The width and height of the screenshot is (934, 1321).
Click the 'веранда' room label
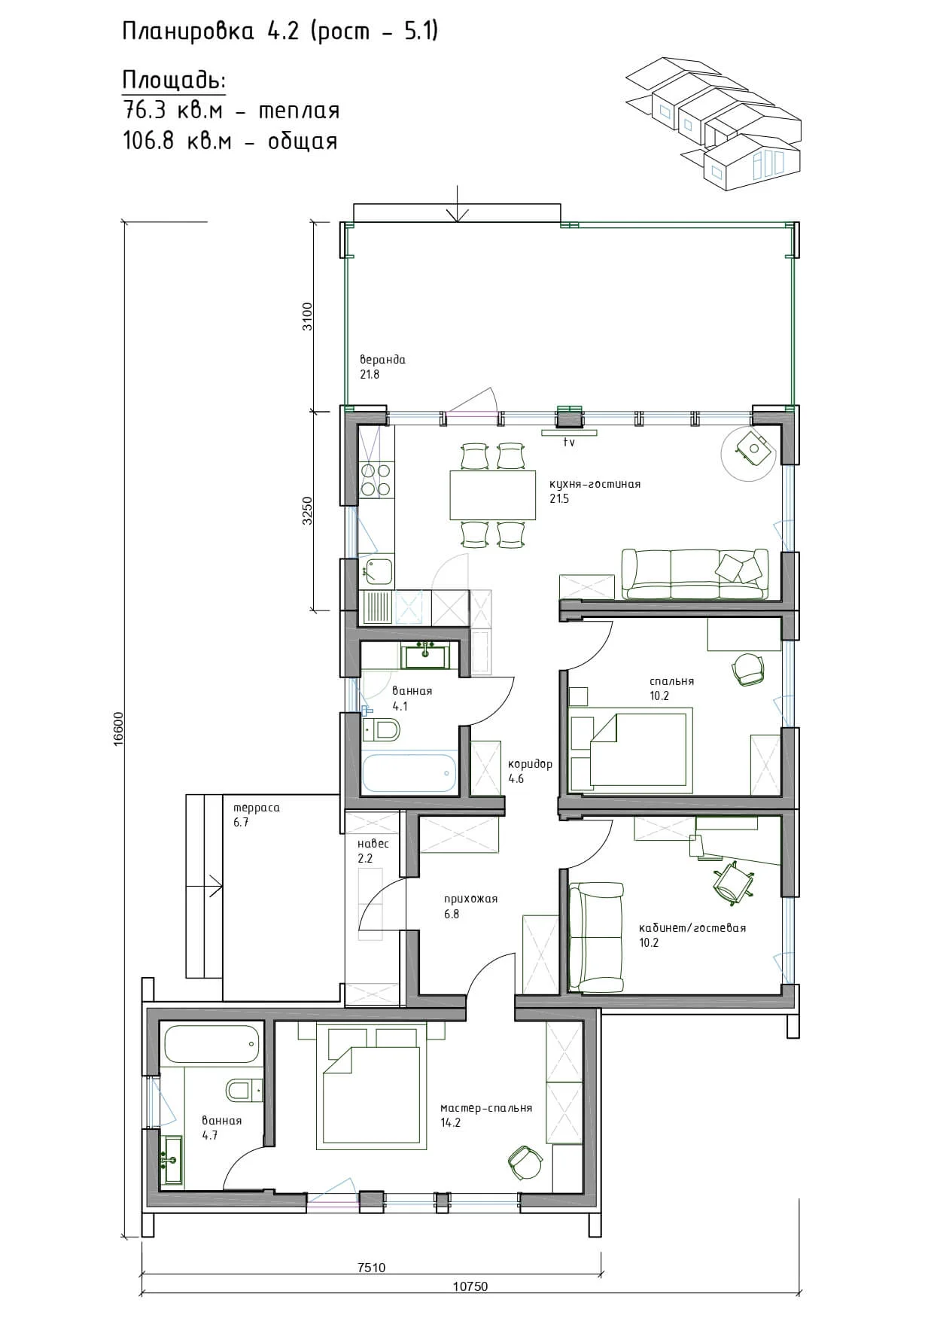click(382, 360)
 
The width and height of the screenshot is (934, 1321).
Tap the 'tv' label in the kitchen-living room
click(569, 443)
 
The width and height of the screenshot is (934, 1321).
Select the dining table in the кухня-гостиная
click(493, 495)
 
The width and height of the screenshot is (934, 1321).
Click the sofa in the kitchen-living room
click(695, 574)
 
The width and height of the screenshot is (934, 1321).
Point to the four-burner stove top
click(376, 480)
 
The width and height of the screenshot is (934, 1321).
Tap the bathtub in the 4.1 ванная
click(409, 773)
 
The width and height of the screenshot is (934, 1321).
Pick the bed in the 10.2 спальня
click(631, 749)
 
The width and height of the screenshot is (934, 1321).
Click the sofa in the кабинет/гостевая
click(597, 938)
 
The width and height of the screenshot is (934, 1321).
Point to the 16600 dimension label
click(118, 729)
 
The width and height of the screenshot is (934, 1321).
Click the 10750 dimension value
click(470, 1286)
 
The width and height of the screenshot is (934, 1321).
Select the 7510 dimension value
click(371, 1268)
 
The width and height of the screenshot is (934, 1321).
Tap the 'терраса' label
click(257, 808)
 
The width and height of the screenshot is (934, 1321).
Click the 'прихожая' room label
click(470, 899)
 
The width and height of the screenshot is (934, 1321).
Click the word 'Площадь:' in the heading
click(174, 81)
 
